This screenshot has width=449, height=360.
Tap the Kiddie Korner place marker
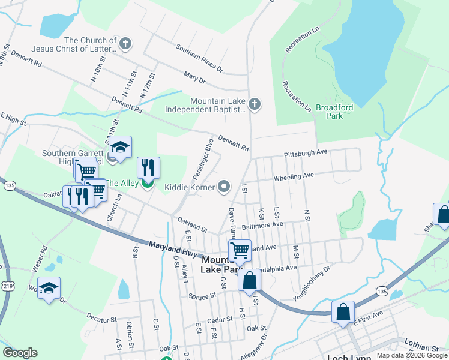(224, 187)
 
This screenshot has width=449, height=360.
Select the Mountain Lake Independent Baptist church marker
(255, 105)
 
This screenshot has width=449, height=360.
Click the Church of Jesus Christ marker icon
(125, 43)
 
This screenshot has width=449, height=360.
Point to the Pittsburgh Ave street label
(306, 153)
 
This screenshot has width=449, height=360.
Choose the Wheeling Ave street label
(294, 177)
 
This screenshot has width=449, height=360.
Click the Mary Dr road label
(194, 79)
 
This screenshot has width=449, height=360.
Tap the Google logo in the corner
(20, 353)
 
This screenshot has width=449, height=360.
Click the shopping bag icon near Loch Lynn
(343, 312)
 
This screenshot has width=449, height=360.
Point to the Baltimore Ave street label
(262, 225)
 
